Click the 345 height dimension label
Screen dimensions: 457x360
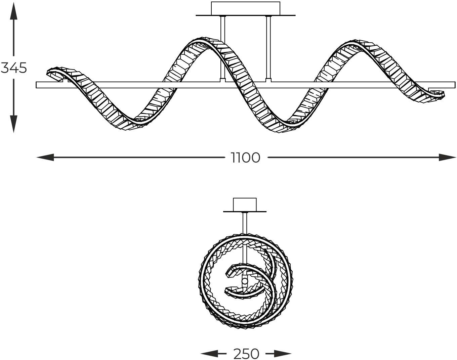coord(14,68)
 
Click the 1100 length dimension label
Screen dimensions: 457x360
coord(246,157)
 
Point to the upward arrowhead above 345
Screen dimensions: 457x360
coord(13,11)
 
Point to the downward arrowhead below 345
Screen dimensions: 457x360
coord(13,124)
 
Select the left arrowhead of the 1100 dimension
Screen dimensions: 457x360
coord(45,157)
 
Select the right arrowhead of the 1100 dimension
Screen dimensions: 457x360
coord(448,157)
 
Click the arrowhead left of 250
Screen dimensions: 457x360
coord(209,354)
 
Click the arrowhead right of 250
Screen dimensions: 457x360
coord(283,354)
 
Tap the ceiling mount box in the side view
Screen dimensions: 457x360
coord(246,8)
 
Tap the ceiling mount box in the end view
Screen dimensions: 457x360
coord(245,205)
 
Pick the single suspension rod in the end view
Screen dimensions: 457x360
coord(245,223)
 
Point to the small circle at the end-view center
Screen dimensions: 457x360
coord(245,281)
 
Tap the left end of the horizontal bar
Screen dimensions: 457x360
coord(36,85)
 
